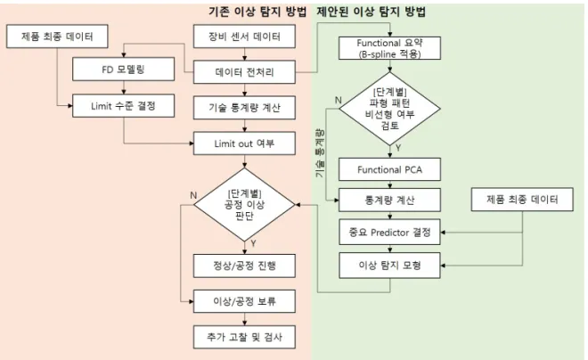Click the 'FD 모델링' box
click(x=123, y=69)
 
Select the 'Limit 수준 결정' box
click(x=123, y=106)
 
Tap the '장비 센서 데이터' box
click(x=244, y=37)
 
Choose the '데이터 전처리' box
click(x=244, y=72)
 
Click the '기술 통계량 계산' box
click(x=244, y=108)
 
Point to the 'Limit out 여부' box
click(x=244, y=143)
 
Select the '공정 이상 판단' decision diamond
click(x=244, y=205)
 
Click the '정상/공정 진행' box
click(x=244, y=266)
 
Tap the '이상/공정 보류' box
click(x=244, y=301)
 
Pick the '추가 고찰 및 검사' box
click(x=244, y=337)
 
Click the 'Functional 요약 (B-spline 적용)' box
click(x=389, y=48)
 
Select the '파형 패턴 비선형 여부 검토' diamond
click(x=389, y=109)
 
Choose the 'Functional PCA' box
click(x=389, y=169)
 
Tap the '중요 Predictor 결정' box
click(x=389, y=232)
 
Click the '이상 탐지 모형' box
click(x=389, y=266)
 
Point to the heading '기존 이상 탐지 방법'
click(x=258, y=12)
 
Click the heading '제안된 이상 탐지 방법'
click(x=372, y=12)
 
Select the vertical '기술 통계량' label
click(x=320, y=153)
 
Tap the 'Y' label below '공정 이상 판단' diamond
click(x=254, y=244)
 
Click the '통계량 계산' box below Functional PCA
click(x=389, y=200)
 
